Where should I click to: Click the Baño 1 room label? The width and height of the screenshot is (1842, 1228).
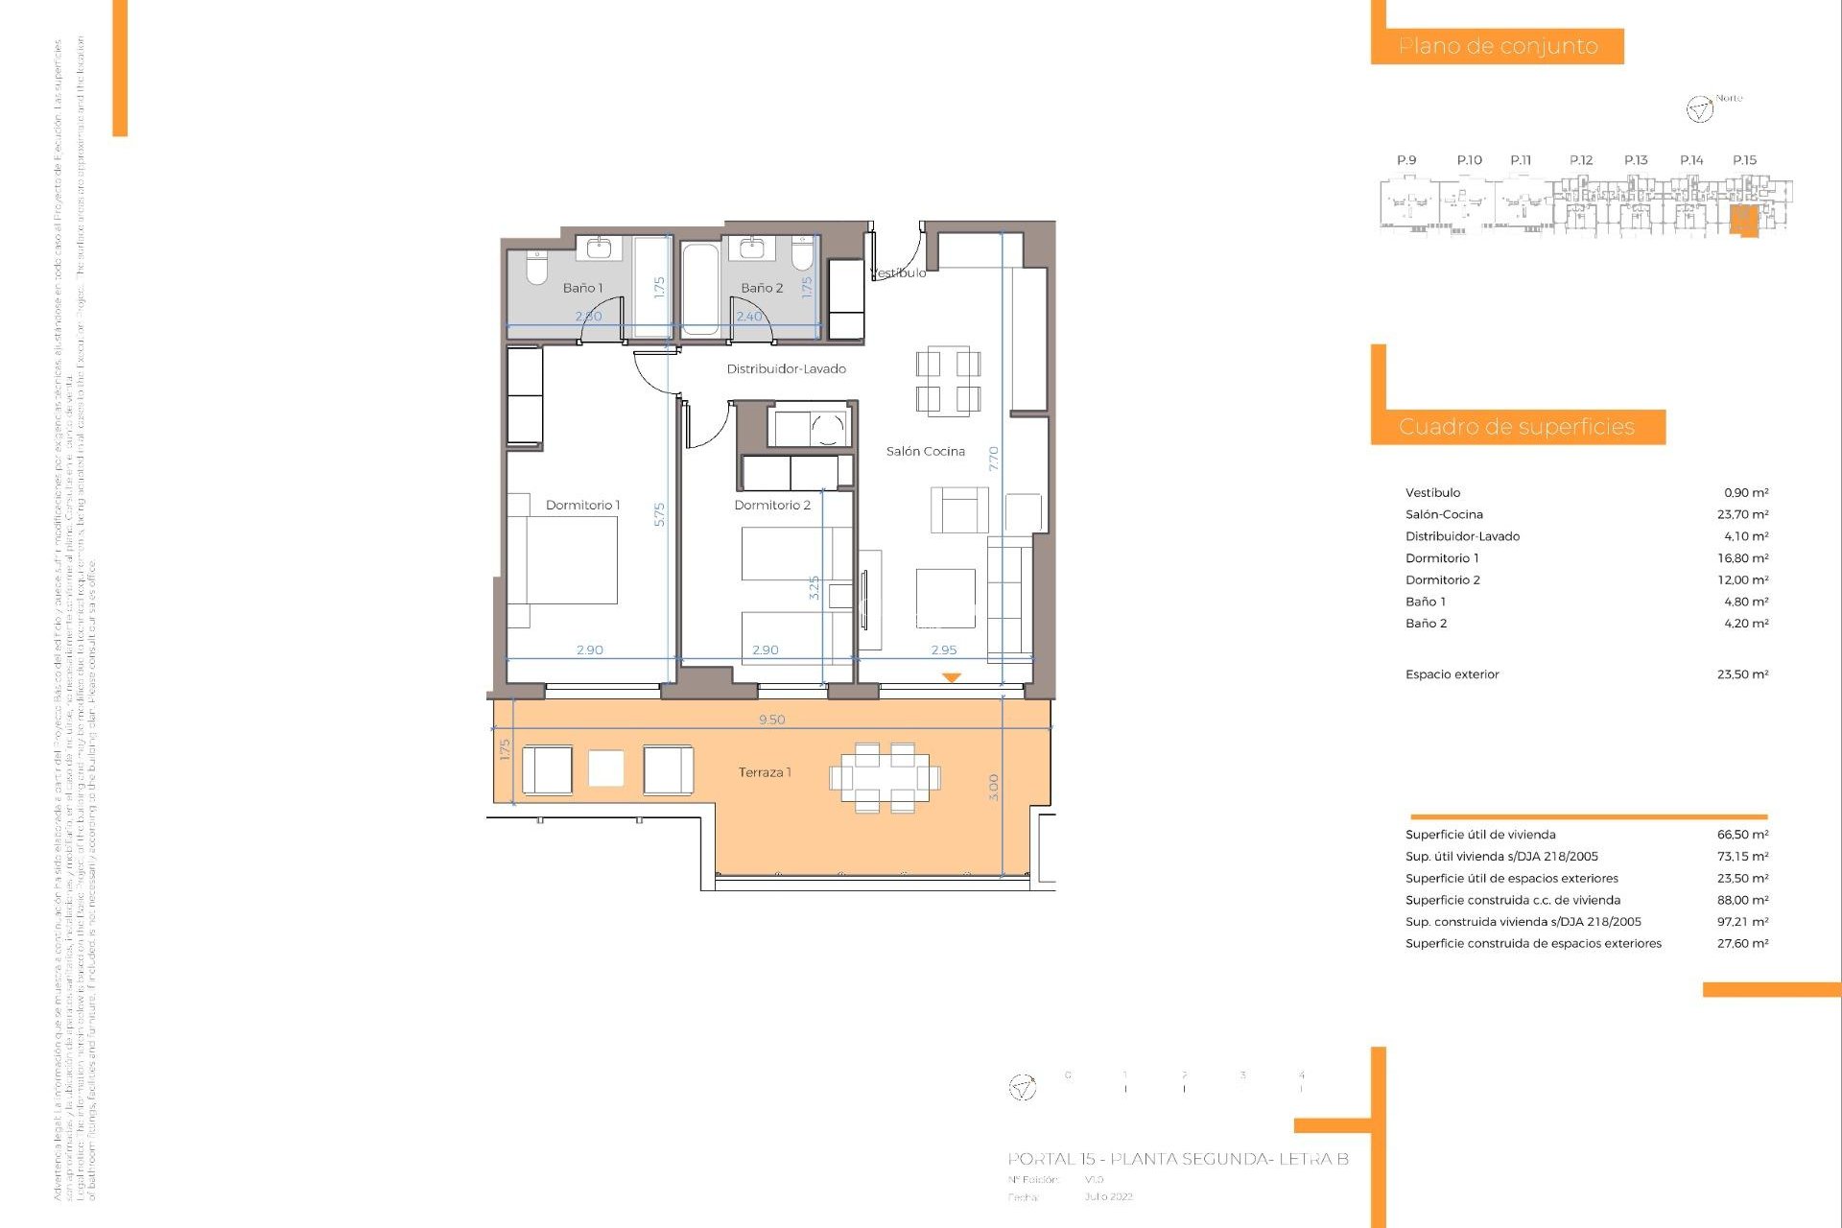point(582,288)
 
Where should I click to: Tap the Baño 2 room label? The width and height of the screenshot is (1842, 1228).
point(762,288)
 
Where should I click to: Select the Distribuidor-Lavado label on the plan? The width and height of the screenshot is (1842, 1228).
point(786,369)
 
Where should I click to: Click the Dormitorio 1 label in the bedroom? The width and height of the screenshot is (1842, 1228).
point(582,506)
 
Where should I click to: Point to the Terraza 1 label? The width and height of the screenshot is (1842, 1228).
point(765,772)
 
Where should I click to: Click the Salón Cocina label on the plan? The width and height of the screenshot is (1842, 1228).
point(925,452)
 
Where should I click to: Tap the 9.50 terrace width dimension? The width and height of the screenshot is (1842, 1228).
point(771,720)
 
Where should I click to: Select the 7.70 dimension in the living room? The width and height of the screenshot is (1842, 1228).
point(994,459)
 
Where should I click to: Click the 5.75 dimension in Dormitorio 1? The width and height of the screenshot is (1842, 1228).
point(659,515)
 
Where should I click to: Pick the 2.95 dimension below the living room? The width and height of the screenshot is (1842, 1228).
point(943,650)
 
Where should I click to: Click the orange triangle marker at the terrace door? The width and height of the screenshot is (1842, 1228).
point(951,677)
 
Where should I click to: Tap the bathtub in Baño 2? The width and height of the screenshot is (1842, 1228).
point(700,289)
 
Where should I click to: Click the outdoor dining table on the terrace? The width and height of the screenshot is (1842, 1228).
point(885,777)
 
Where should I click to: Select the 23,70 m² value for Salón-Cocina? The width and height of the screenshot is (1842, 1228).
point(1742,515)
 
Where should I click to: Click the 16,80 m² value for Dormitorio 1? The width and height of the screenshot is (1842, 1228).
point(1742,558)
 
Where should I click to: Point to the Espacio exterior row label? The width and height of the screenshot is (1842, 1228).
point(1452,674)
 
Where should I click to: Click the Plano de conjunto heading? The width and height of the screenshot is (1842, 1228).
point(1498,46)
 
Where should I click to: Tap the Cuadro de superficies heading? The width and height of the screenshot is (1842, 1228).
point(1516,427)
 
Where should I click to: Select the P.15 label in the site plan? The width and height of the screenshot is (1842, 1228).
point(1744,160)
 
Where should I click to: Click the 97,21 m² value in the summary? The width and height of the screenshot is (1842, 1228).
point(1742,922)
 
